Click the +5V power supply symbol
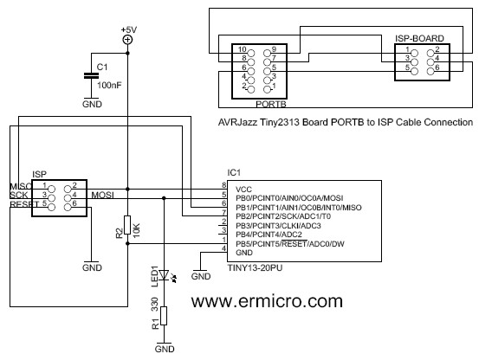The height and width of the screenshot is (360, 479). coord(127,40)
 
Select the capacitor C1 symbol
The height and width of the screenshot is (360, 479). coord(91,75)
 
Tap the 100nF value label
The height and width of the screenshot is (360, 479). coord(109,85)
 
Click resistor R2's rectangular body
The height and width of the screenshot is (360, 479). coord(127,225)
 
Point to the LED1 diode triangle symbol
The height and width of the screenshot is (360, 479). coord(164,275)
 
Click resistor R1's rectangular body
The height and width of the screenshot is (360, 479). coord(164,316)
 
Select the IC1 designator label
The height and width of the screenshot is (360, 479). coord(234,173)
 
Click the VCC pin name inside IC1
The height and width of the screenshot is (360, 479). coord(243,190)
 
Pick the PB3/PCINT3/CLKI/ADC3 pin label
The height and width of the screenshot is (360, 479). coord(278,226)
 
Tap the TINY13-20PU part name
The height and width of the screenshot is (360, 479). coord(255,267)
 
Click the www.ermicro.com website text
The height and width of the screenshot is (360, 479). coord(267,301)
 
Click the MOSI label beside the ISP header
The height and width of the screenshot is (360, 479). coord(102,195)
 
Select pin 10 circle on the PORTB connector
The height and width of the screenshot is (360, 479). coord(251,53)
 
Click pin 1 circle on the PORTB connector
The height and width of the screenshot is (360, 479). coord(267,89)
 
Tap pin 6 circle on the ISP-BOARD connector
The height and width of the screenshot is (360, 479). coord(430,72)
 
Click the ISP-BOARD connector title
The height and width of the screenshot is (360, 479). coord(419,38)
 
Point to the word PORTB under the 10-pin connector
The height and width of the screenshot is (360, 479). coord(271,104)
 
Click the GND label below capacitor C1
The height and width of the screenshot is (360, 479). coord(92,104)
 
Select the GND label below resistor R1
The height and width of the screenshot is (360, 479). coord(165,349)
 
